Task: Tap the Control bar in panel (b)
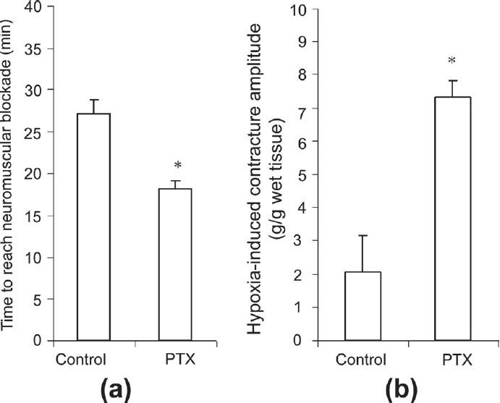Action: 363,306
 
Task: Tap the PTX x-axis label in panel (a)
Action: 176,359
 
